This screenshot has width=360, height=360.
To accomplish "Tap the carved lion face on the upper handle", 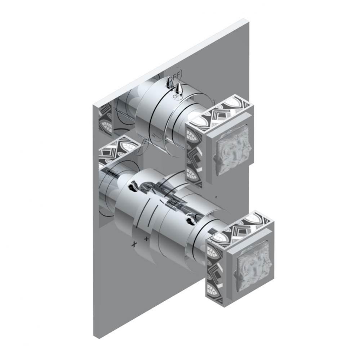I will [229, 151].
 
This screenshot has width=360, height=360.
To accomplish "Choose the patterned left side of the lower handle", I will [215, 267].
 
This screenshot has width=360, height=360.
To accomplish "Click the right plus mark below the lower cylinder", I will [146, 238].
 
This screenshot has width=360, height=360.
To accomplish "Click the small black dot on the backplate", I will [215, 197].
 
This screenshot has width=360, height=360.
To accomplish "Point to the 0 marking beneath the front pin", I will [175, 96].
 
